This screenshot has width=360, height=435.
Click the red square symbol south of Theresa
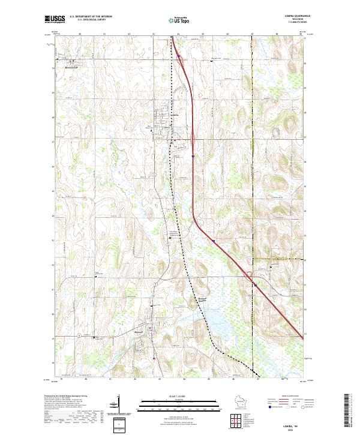(x=155, y=359)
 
